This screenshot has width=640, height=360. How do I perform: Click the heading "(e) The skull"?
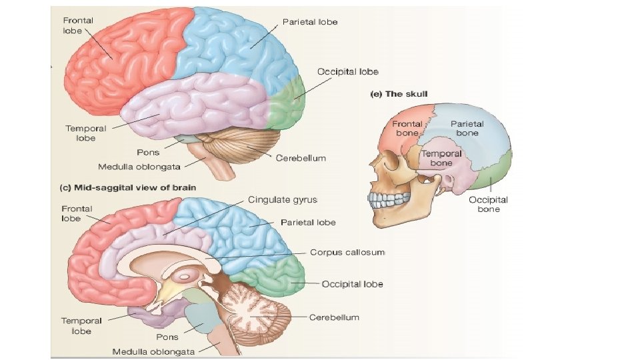pyautogui.click(x=399, y=94)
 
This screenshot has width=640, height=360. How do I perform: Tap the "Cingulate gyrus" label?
pyautogui.click(x=282, y=199)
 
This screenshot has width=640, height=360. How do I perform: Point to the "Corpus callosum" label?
pyautogui.click(x=347, y=253)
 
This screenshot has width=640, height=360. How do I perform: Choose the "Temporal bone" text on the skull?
pyautogui.click(x=441, y=158)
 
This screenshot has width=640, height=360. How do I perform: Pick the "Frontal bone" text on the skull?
pyautogui.click(x=406, y=128)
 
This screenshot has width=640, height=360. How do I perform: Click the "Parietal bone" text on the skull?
pyautogui.click(x=467, y=128)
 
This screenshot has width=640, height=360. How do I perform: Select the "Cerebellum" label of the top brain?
pyautogui.click(x=301, y=158)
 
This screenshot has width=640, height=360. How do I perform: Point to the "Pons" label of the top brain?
pyautogui.click(x=147, y=153)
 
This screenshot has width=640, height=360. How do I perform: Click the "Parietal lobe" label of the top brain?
pyautogui.click(x=310, y=22)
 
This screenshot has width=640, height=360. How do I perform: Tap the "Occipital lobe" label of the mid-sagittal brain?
pyautogui.click(x=352, y=284)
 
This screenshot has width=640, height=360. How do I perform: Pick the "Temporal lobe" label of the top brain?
pyautogui.click(x=80, y=133)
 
